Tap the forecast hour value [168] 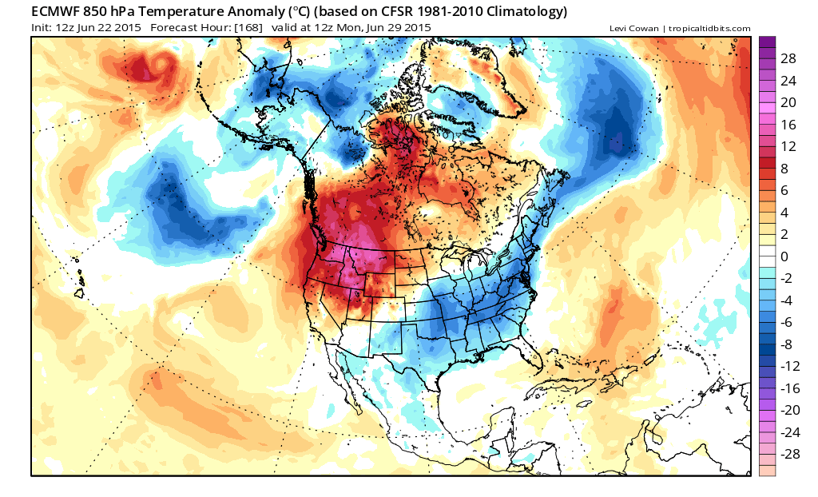248,28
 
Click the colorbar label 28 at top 788,58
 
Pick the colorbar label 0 784,256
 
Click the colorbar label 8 784,169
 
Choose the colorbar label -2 787,278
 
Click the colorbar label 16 788,125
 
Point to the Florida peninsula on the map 532,354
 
